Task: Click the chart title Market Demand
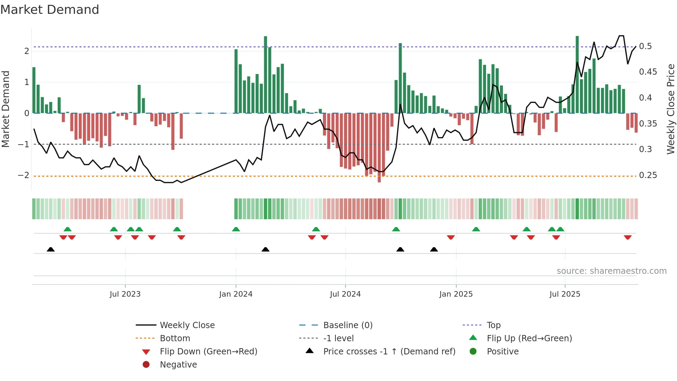(50, 10)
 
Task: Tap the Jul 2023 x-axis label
(125, 294)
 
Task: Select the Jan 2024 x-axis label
(236, 294)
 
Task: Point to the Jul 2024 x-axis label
(345, 294)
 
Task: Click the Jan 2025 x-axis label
(456, 294)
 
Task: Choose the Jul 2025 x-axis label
(565, 294)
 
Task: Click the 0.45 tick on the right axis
(648, 72)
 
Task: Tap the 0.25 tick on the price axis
(648, 175)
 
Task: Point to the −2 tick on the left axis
(23, 175)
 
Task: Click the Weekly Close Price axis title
(670, 109)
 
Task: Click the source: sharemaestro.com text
(611, 271)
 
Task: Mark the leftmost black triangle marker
(51, 249)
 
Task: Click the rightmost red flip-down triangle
(628, 237)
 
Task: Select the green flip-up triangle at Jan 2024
(236, 229)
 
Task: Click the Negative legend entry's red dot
(146, 364)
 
